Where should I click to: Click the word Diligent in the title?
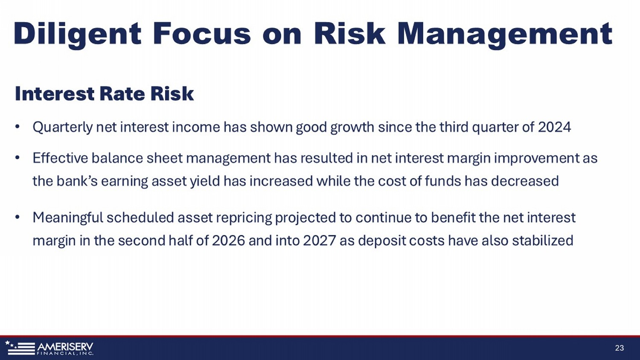point(77,34)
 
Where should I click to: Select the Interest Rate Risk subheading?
point(104,94)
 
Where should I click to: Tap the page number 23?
point(620,348)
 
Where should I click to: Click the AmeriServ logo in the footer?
point(49,348)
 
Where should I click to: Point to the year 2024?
point(554,127)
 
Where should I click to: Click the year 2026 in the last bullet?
point(228,241)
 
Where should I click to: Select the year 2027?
point(319,241)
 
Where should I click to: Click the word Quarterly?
point(63,128)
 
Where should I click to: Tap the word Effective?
point(60,158)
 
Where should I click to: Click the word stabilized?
point(543,241)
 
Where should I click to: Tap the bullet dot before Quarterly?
point(17,126)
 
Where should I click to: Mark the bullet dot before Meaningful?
point(17,217)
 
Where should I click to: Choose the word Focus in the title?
point(202,34)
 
